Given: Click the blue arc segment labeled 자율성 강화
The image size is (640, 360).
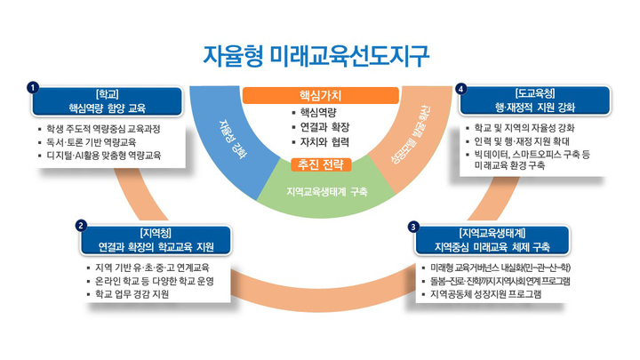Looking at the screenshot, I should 234,140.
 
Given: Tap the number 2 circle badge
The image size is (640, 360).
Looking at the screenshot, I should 81,226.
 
